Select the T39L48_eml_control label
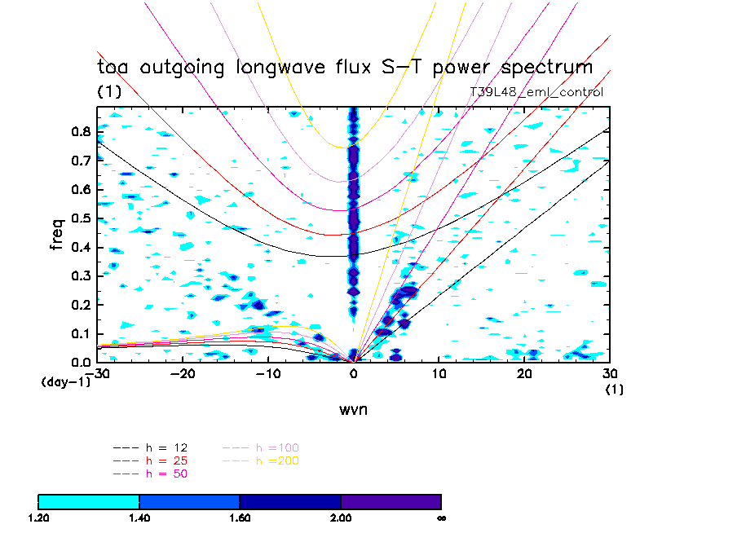(536, 92)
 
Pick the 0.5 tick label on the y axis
(80, 218)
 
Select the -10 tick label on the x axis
(269, 374)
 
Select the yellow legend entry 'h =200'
(277, 460)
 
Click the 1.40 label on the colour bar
(139, 518)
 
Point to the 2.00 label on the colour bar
(341, 518)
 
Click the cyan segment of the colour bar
(89, 501)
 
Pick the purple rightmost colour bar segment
(391, 501)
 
